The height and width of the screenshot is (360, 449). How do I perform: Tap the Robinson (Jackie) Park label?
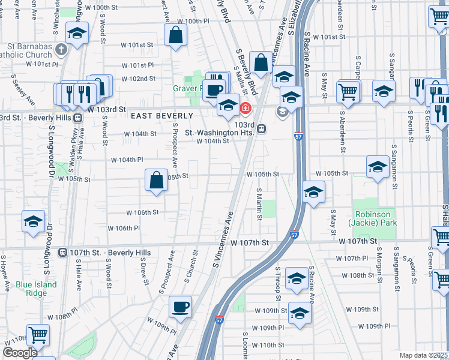[372, 218]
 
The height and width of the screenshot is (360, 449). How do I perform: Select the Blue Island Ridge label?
[36, 289]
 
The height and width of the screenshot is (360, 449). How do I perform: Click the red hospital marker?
[245, 109]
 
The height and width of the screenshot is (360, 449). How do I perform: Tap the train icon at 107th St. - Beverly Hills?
[62, 253]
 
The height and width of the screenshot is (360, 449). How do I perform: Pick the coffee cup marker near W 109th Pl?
[180, 307]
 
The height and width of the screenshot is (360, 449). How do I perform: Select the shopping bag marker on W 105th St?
[156, 181]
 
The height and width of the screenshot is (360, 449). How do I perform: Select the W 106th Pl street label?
[124, 228]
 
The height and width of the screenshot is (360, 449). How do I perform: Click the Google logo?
[20, 353]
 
